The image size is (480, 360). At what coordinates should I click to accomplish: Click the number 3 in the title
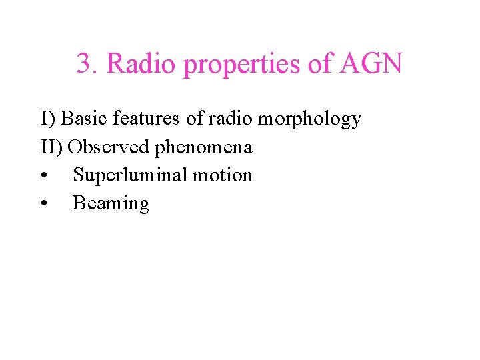coord(83,65)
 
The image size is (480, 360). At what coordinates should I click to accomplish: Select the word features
coord(147,119)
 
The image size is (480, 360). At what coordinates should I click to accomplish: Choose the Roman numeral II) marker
coord(53,147)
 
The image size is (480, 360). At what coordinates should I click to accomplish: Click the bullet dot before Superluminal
coord(43,176)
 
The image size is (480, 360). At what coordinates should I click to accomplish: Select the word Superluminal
coord(129,175)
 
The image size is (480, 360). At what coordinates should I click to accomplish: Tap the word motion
coord(222,175)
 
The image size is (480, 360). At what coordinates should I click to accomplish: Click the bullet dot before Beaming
coord(43,204)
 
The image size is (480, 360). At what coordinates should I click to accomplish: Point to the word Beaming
coord(111,204)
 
